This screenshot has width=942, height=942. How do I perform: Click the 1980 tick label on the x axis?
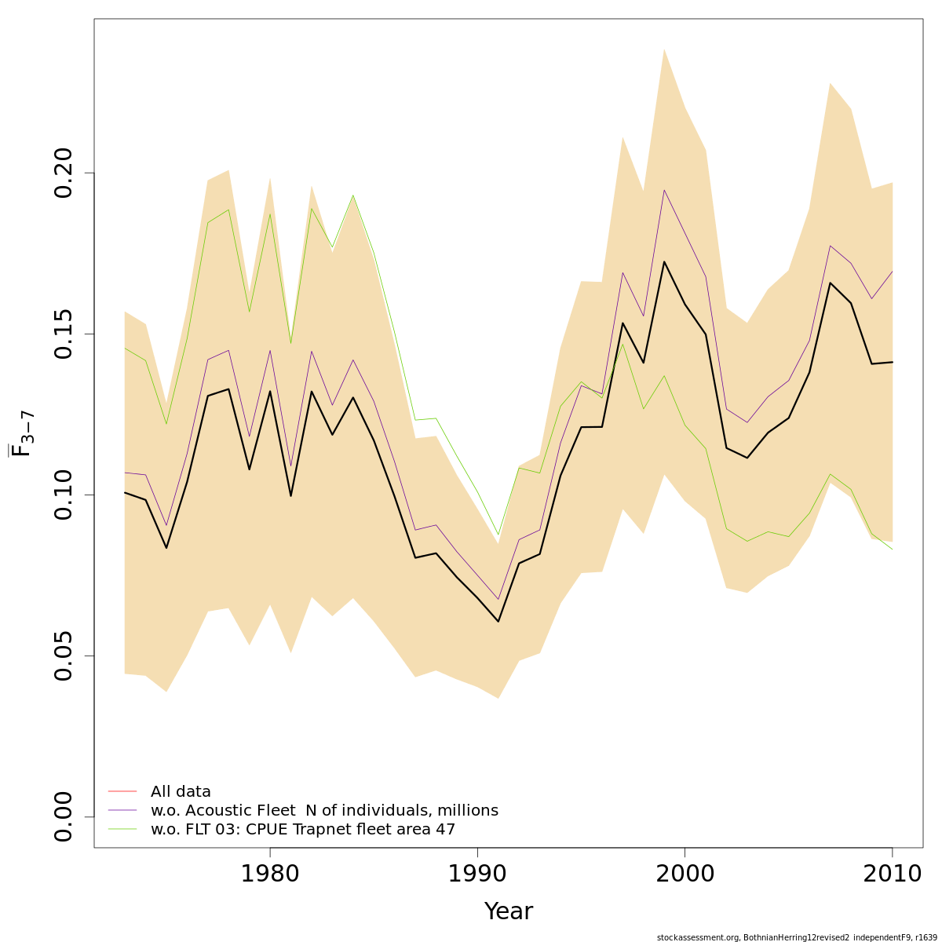click(x=270, y=874)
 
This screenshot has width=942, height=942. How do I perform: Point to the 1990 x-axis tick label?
click(x=477, y=874)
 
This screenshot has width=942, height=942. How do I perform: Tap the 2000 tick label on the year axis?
click(x=685, y=874)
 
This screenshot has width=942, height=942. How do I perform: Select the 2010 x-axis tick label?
click(x=892, y=874)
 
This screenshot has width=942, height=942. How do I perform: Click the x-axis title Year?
click(x=508, y=911)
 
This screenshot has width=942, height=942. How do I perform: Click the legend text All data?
click(x=181, y=792)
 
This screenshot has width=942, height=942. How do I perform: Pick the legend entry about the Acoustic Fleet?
click(x=324, y=811)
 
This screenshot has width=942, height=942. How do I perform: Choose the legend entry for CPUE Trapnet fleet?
click(x=303, y=830)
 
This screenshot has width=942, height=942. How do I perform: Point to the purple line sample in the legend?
click(x=122, y=810)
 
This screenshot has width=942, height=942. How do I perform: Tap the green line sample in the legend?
click(x=122, y=829)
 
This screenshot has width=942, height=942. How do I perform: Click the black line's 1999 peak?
click(x=664, y=261)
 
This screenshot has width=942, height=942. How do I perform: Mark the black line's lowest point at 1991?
click(x=498, y=622)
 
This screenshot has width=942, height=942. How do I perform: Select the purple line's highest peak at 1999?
click(x=664, y=190)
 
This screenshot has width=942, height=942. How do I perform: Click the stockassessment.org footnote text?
click(x=798, y=937)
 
